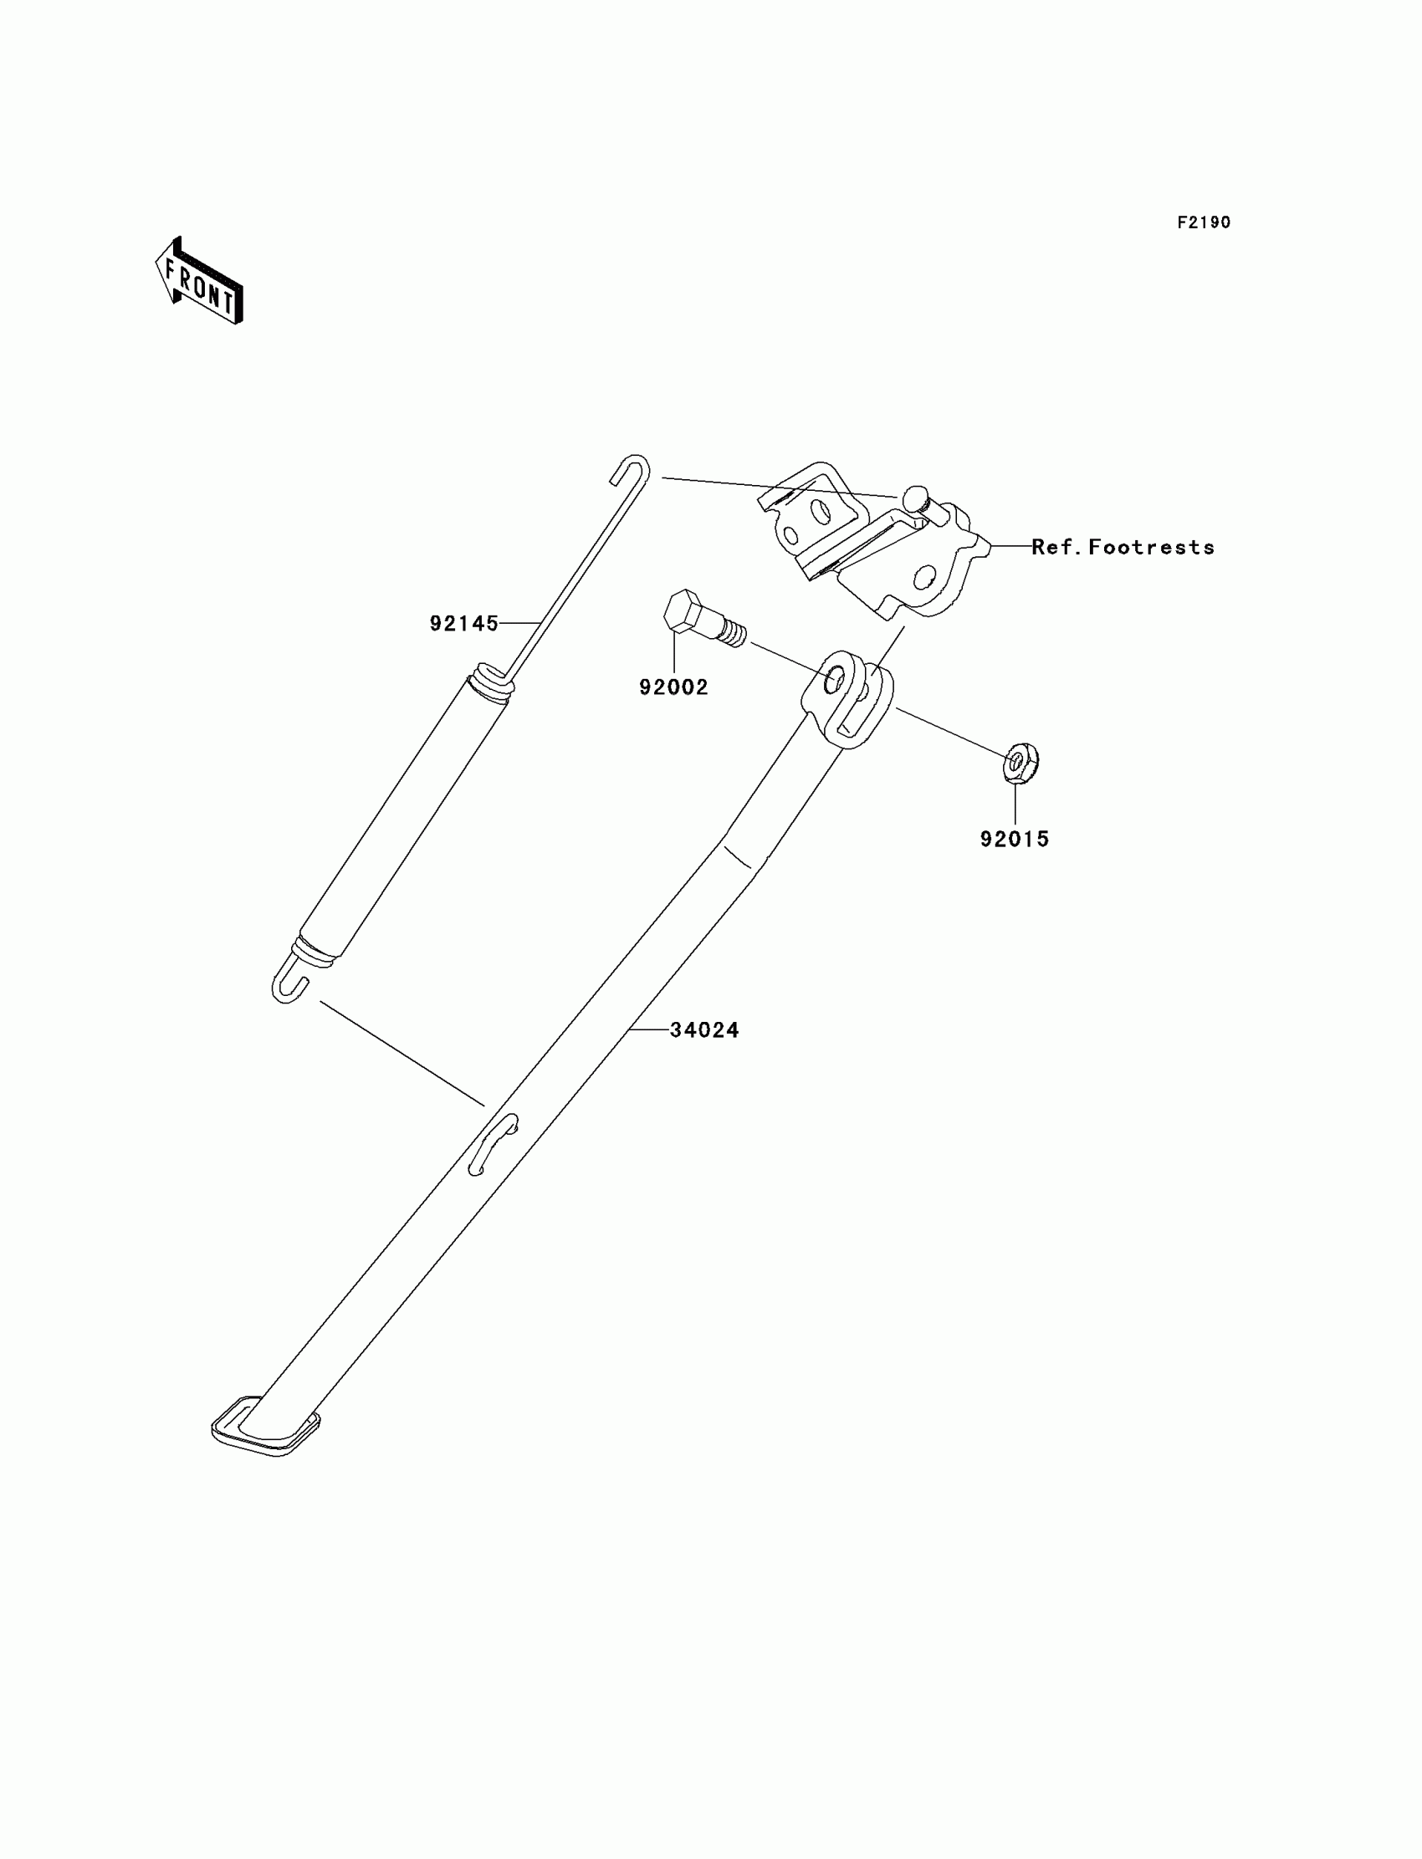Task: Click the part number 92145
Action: (463, 624)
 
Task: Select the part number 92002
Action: (673, 687)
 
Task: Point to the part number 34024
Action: (704, 1029)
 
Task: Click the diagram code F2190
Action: (1204, 222)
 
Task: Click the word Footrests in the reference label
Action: (1151, 548)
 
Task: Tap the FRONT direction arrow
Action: (200, 283)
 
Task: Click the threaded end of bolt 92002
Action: (733, 632)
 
